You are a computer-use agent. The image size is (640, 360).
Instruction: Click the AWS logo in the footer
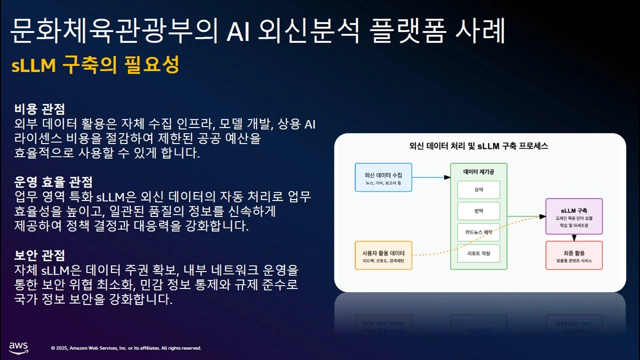click(18, 348)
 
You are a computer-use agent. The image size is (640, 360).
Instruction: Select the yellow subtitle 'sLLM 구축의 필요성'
click(95, 65)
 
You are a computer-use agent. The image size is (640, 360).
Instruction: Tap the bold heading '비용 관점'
click(39, 108)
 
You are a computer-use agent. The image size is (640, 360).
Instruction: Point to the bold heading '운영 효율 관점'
click(53, 181)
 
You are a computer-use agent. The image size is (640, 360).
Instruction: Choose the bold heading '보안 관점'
click(39, 255)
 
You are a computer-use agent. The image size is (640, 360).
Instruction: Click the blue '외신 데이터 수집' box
click(383, 177)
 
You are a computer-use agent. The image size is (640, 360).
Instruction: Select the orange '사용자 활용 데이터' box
click(383, 255)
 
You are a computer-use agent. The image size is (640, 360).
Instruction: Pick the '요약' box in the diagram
click(478, 190)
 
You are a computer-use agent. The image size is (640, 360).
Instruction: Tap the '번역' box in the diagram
click(478, 211)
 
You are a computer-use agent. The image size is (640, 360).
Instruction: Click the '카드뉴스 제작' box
click(478, 232)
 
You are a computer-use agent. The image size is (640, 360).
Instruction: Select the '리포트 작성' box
click(478, 253)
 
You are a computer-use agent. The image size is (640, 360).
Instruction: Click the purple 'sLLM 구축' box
click(574, 216)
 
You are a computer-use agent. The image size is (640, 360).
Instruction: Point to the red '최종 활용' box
click(574, 255)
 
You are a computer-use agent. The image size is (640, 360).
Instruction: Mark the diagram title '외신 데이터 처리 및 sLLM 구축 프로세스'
click(479, 146)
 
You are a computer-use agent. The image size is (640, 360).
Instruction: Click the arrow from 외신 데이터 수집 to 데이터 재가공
click(430, 177)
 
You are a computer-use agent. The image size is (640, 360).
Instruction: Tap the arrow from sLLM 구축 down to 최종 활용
click(574, 237)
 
